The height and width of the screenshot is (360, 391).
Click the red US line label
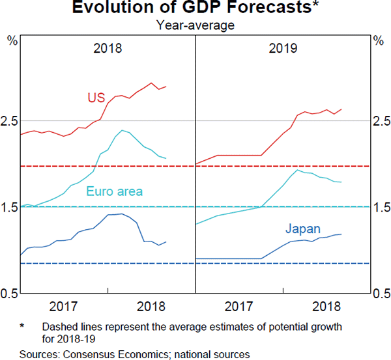point(96,98)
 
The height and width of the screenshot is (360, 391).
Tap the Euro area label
point(114,191)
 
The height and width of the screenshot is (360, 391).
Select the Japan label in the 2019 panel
point(302,228)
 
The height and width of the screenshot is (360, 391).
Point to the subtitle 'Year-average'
point(195,25)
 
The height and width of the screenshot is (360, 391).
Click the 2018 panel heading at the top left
point(108,48)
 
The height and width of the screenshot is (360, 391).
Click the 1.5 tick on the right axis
point(380,207)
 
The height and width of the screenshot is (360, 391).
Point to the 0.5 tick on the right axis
point(380,294)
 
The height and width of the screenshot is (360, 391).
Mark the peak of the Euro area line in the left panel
point(122,130)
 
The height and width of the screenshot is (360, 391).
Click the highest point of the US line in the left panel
point(152,83)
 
